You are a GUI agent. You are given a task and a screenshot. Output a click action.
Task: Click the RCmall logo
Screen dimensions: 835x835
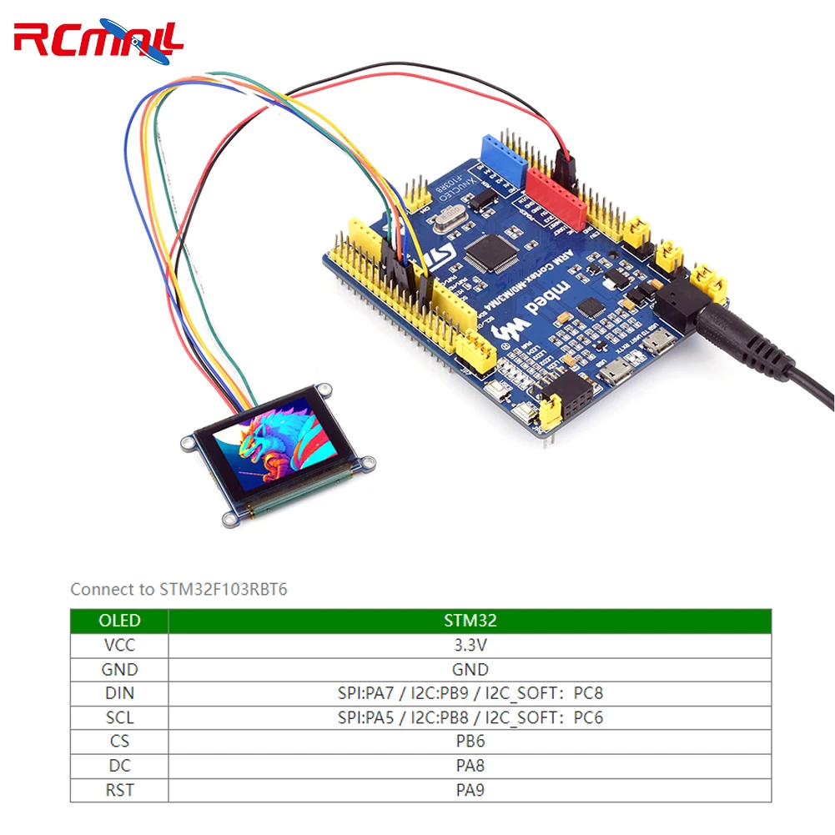click(98, 39)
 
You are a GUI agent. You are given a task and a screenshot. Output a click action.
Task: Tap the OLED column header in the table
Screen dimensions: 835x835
click(119, 621)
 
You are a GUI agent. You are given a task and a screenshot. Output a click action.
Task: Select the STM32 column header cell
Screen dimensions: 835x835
click(469, 621)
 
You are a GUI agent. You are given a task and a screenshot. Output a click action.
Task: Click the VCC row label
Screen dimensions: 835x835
click(119, 645)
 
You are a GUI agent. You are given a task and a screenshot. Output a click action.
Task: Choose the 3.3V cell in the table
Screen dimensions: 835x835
click(469, 645)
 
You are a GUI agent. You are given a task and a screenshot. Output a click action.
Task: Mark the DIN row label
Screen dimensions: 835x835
click(119, 693)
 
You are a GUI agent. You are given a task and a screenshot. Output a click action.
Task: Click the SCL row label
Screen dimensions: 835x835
click(119, 717)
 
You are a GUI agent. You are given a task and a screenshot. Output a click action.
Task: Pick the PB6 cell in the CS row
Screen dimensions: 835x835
click(469, 741)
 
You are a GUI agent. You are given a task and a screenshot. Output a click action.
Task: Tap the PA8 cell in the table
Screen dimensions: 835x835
click(469, 765)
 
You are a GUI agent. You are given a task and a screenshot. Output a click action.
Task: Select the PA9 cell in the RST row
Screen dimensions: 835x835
click(469, 789)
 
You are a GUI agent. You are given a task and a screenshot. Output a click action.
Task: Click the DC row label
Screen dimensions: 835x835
click(119, 765)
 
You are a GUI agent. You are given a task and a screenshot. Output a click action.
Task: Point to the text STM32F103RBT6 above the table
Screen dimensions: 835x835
click(223, 589)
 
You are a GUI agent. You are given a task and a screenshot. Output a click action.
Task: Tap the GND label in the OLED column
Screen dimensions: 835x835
click(119, 669)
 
